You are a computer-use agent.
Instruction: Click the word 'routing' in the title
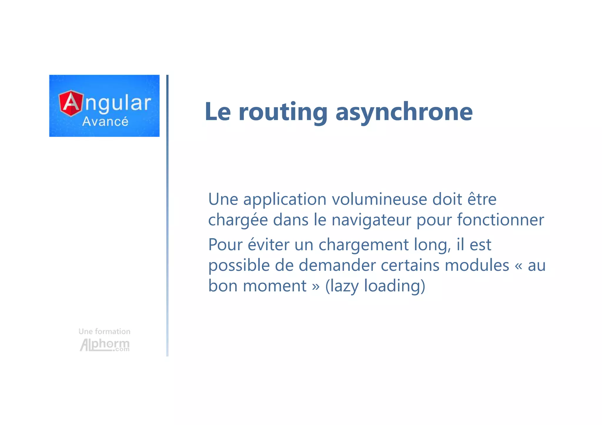pyautogui.click(x=283, y=112)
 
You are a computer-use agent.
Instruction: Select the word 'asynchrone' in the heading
pyautogui.click(x=404, y=112)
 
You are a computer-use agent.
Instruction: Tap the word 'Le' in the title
pyautogui.click(x=218, y=112)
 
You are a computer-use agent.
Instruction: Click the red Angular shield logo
pyautogui.click(x=71, y=103)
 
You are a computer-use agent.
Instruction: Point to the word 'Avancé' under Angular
pyautogui.click(x=105, y=122)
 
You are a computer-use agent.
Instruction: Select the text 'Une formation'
pyautogui.click(x=104, y=331)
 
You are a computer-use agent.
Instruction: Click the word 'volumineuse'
pyautogui.click(x=379, y=199)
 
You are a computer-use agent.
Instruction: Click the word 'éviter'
pyautogui.click(x=268, y=245)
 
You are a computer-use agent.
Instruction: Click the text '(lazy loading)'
pyautogui.click(x=375, y=286)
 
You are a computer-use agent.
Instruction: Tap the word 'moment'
pyautogui.click(x=275, y=286)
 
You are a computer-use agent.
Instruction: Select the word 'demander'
pyautogui.click(x=337, y=265)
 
